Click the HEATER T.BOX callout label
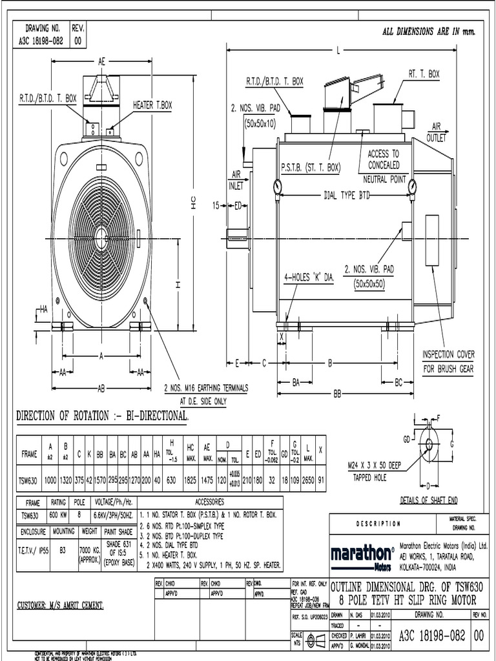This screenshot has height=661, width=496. (x=152, y=105)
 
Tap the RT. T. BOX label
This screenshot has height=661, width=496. (x=424, y=74)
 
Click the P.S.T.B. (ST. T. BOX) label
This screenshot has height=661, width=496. (x=310, y=167)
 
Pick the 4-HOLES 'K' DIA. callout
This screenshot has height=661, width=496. (x=309, y=277)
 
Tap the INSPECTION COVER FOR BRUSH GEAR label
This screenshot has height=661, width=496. (x=448, y=361)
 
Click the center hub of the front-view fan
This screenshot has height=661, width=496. (x=101, y=233)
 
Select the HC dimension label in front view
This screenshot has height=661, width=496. (x=193, y=201)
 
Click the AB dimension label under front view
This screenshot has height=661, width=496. (x=101, y=389)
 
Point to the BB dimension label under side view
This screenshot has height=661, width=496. (x=337, y=393)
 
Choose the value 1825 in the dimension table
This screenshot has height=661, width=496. (x=191, y=480)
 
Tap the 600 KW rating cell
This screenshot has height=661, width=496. (x=59, y=516)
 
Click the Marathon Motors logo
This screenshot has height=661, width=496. (x=362, y=556)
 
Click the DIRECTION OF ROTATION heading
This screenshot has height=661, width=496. (x=102, y=416)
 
